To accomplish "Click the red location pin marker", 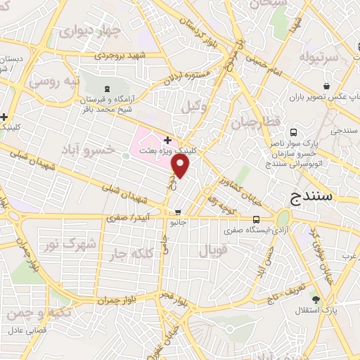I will [181, 166].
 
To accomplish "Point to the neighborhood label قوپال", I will [211, 250].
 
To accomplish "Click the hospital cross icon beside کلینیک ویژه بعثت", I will [167, 140].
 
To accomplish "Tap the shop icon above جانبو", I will [178, 212].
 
